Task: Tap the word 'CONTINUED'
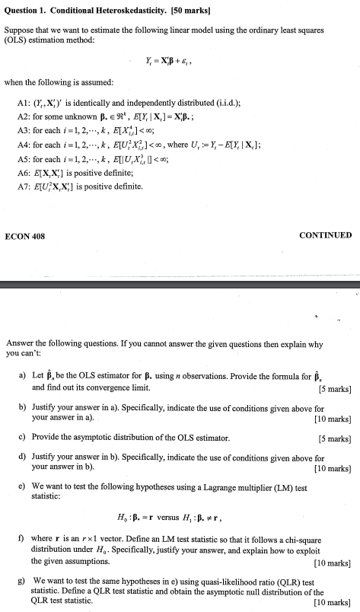pyautogui.click(x=326, y=236)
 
